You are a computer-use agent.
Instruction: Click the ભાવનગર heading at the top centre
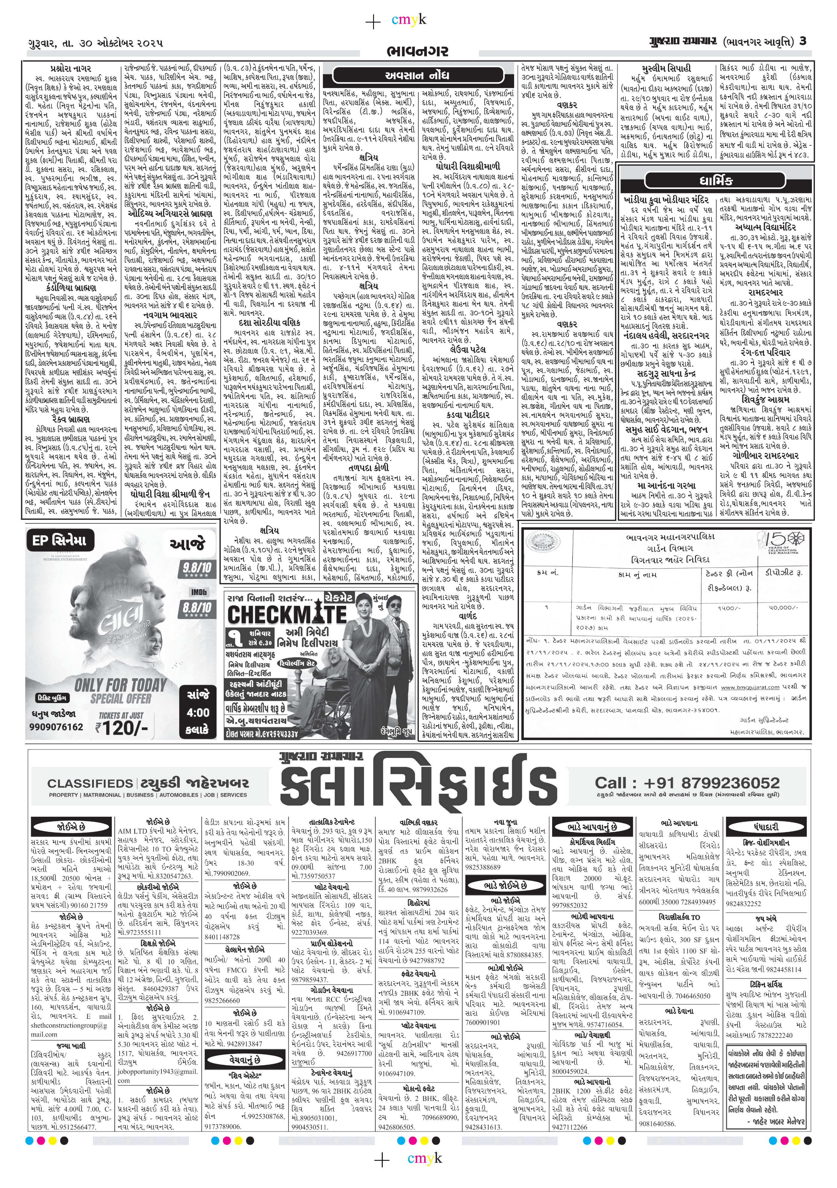pos(416,51)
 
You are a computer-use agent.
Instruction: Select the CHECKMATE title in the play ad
pos(287,615)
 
